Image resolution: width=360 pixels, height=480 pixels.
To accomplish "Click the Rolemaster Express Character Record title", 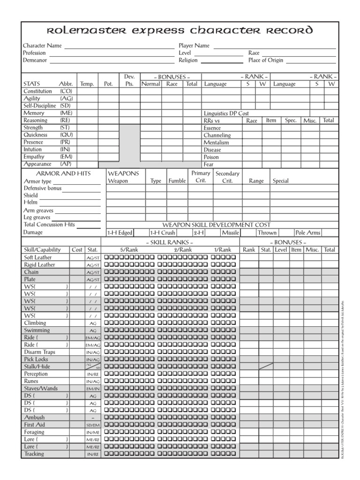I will pyautogui.click(x=180, y=31).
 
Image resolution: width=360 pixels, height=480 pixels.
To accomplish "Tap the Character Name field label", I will pyautogui.click(x=43, y=46).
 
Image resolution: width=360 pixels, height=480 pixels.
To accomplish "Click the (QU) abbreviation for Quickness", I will pyautogui.click(x=66, y=135).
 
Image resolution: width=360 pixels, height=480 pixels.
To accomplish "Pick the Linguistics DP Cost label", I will pyautogui.click(x=226, y=113).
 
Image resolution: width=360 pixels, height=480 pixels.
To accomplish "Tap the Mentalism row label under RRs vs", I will pyautogui.click(x=216, y=142).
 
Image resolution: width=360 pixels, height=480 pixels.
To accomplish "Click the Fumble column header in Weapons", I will pyautogui.click(x=177, y=181).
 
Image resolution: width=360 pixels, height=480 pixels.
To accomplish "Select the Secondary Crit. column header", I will pyautogui.click(x=227, y=177).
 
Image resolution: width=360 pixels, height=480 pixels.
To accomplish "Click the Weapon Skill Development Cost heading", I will pyautogui.click(x=216, y=225).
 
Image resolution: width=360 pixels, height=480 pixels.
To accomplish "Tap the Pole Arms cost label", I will pyautogui.click(x=308, y=232).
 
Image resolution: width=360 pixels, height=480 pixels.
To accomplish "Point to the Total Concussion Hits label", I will pyautogui.click(x=49, y=225).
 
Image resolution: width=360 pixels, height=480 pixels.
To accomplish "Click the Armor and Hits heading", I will pyautogui.click(x=57, y=173).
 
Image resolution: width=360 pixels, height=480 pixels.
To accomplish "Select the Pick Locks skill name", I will pyautogui.click(x=36, y=359).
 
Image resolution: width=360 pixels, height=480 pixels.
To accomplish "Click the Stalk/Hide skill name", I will pyautogui.click(x=37, y=367).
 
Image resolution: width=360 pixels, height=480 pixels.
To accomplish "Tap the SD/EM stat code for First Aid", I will pyautogui.click(x=92, y=425).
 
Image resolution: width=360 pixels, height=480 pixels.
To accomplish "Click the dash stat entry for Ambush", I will pyautogui.click(x=92, y=417).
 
